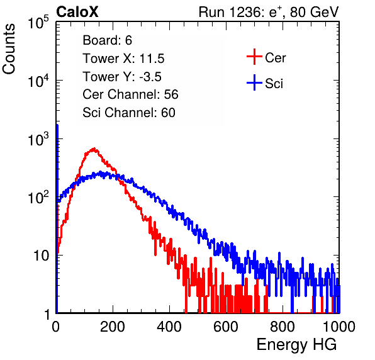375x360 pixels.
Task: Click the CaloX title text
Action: pos(77,12)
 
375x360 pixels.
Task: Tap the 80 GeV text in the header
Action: pos(314,12)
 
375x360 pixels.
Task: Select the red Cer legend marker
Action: pos(254,57)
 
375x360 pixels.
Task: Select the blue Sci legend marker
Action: pos(254,82)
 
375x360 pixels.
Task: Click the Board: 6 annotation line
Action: pos(107,40)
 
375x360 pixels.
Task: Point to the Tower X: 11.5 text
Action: pos(123,59)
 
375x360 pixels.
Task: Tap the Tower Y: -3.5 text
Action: pos(122,77)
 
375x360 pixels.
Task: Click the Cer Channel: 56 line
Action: pos(130,94)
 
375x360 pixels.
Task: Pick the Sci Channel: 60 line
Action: pos(129,113)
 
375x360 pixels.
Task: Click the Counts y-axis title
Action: pos(9,49)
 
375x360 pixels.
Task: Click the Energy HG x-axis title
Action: pos(296,345)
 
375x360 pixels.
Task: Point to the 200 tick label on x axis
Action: pos(113,327)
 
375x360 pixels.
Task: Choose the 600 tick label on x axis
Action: pos(226,327)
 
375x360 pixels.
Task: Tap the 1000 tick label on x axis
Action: pos(339,327)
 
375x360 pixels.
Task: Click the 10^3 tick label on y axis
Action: pos(38,139)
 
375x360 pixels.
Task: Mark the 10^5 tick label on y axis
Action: pos(38,23)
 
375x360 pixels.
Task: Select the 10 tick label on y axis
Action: pos(42,256)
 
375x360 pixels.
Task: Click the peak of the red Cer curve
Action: pos(94,149)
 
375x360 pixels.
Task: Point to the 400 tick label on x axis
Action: pos(169,327)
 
